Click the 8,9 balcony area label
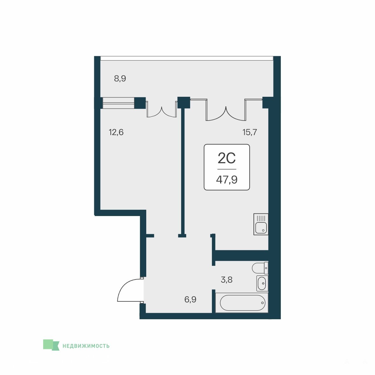click(120, 78)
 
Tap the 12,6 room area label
click(116, 132)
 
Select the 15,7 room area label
click(250, 132)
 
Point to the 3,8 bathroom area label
click(227, 280)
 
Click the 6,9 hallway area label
click(190, 299)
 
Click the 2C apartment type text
click(227, 158)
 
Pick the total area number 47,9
click(227, 179)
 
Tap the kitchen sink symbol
click(261, 224)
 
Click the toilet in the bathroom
click(260, 268)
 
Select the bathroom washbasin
click(262, 283)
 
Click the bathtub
click(242, 303)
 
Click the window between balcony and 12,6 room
click(118, 103)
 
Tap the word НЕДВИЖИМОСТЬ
click(86, 346)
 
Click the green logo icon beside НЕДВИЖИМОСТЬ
click(51, 345)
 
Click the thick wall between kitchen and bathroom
click(241, 255)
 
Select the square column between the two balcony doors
click(184, 102)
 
